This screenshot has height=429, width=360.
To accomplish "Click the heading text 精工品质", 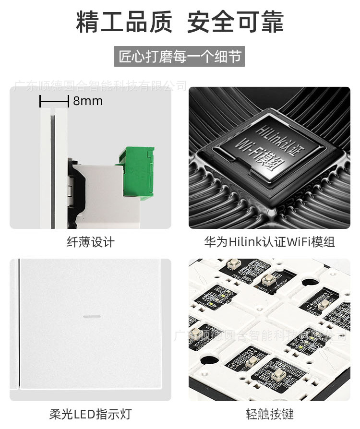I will [124, 22].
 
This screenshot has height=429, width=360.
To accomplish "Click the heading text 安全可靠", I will [235, 22].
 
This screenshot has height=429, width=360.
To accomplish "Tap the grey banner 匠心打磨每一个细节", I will [180, 57].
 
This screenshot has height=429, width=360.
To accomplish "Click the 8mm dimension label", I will [88, 101].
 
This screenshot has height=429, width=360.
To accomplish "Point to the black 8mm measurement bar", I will [54, 101].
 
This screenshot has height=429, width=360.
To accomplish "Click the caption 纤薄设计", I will [90, 242].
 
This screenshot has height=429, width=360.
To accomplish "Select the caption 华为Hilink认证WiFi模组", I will [269, 242].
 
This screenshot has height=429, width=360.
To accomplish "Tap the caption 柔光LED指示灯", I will [90, 414].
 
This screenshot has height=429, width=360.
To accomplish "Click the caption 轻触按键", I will [269, 414].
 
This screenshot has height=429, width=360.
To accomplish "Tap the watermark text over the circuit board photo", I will [259, 335].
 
